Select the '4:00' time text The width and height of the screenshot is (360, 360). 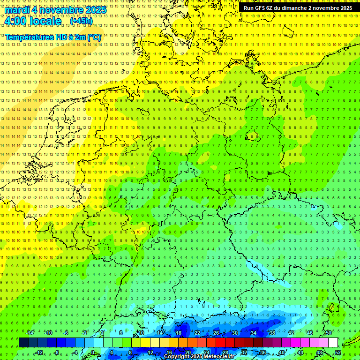[16, 21]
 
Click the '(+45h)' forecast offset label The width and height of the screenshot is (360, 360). [81, 21]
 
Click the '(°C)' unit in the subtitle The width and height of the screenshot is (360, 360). [93, 37]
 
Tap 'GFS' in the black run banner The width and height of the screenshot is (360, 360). [259, 8]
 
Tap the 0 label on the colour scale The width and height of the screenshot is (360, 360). [93, 352]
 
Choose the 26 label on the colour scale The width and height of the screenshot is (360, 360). [216, 333]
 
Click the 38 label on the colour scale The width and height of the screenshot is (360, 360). [272, 333]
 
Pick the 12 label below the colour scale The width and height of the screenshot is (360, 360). [150, 352]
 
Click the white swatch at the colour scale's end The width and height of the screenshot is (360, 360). [333, 343]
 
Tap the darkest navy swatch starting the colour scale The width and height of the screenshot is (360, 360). [23, 343]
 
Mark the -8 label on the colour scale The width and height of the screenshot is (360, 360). [57, 352]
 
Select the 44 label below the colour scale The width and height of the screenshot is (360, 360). [300, 352]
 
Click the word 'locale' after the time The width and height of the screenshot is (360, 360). [45, 21]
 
